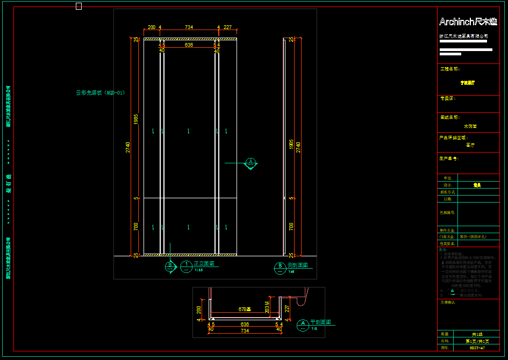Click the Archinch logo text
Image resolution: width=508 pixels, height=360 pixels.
(x=468, y=22)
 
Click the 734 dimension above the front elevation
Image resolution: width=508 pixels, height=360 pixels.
(x=189, y=27)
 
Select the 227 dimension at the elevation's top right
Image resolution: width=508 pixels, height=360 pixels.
(x=227, y=27)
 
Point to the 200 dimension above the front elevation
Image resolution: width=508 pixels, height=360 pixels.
(x=151, y=27)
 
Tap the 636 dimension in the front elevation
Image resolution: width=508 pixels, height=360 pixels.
(x=189, y=46)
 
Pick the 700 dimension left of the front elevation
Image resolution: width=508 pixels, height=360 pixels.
(x=136, y=226)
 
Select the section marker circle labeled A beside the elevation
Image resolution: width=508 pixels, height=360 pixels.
(x=251, y=162)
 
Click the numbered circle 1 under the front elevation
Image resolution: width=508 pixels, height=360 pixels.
(x=186, y=264)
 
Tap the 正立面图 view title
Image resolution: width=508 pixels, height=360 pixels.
(x=204, y=264)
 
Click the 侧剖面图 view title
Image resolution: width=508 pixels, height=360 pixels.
(x=298, y=265)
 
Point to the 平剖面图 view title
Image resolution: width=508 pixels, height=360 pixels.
(x=320, y=322)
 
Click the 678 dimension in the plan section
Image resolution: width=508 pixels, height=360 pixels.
(x=245, y=309)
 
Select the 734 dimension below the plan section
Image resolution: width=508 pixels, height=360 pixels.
(x=245, y=331)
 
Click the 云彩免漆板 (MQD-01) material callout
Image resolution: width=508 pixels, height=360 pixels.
(x=101, y=92)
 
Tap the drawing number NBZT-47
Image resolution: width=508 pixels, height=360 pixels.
(x=477, y=348)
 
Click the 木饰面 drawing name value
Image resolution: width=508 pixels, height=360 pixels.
(x=470, y=126)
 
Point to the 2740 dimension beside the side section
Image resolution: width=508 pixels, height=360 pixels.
(x=298, y=147)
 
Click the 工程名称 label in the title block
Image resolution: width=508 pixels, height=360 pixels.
(x=449, y=69)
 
